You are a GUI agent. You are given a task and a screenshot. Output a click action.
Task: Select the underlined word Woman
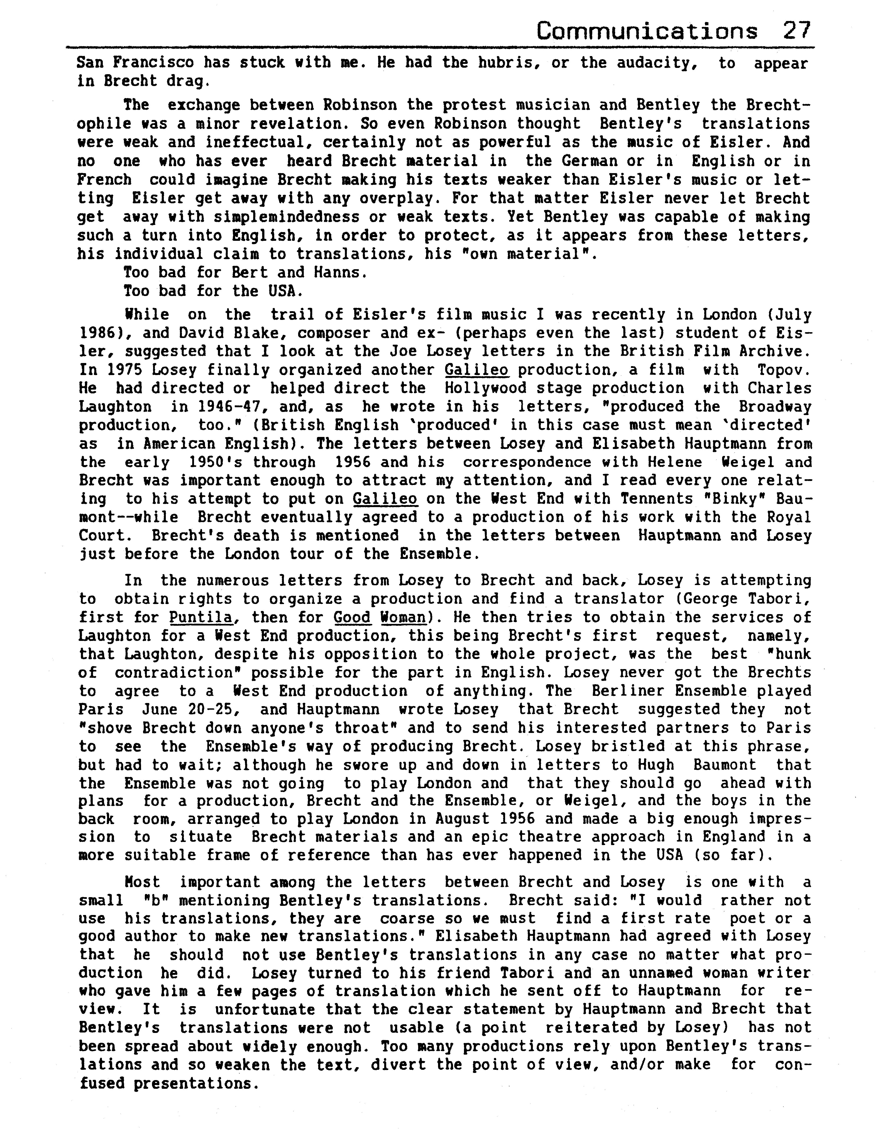[x=403, y=617]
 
